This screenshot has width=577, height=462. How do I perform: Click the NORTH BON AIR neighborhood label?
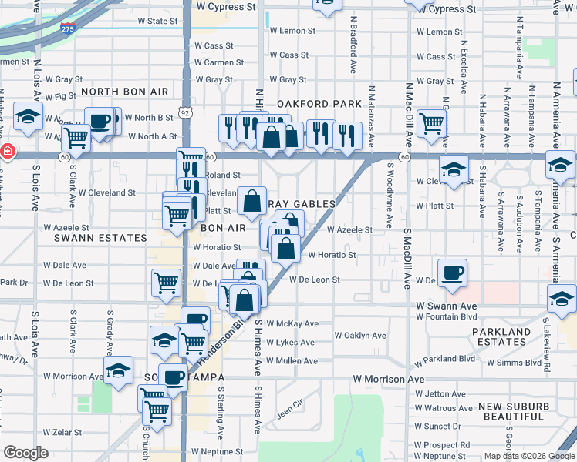tap(124, 92)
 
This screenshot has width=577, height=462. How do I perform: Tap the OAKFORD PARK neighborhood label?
tap(319, 104)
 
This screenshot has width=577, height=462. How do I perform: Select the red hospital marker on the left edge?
tap(5, 152)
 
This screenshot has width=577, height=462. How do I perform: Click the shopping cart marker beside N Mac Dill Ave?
tap(431, 122)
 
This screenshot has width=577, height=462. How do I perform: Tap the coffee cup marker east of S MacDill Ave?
tap(452, 272)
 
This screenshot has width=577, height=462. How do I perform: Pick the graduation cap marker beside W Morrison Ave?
tap(118, 370)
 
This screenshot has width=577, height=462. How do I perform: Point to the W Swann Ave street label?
tap(447, 306)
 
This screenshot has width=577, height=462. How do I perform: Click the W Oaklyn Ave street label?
tap(360, 336)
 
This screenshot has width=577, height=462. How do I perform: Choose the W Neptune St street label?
tap(218, 451)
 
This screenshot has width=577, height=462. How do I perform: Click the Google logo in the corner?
tap(25, 453)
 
